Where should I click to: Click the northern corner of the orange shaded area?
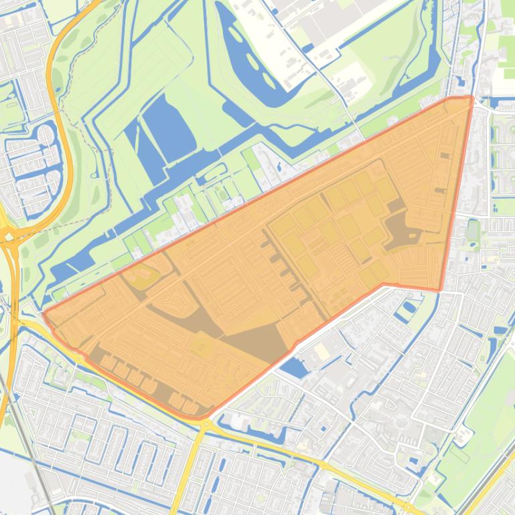pyautogui.click(x=471, y=98)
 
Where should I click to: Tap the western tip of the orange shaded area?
pyautogui.click(x=45, y=313)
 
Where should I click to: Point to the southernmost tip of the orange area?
pyautogui.click(x=201, y=417)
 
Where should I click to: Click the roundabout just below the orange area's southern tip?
pyautogui.click(x=204, y=425)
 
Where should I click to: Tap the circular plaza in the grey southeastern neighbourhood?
pyautogui.click(x=402, y=422)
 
